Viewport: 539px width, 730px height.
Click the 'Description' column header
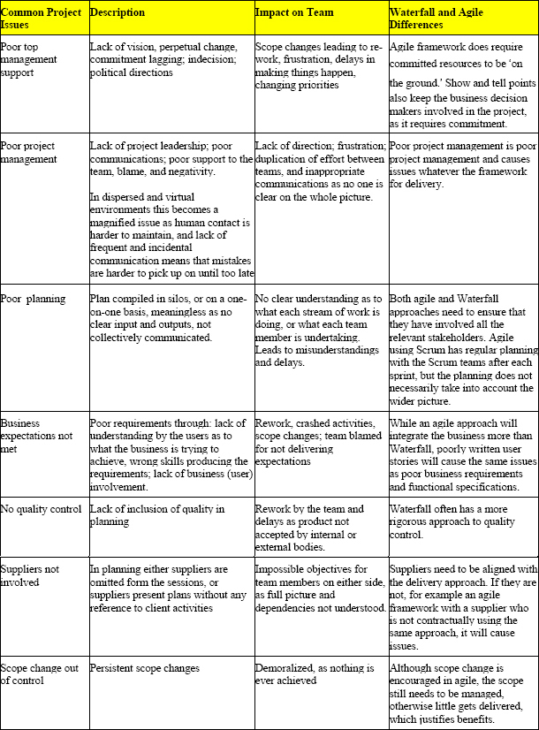[118, 13]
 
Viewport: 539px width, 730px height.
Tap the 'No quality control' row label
[42, 510]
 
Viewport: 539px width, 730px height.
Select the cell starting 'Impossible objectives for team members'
[320, 597]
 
